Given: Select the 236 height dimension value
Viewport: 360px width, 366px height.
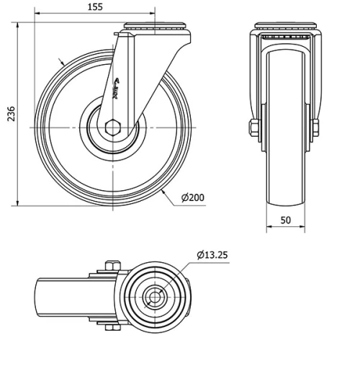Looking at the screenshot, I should [10, 115].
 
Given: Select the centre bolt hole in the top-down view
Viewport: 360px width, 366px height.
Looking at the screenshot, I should [153, 295].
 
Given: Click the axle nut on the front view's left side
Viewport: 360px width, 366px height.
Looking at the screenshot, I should [253, 129].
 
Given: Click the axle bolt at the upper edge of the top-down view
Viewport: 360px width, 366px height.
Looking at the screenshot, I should [110, 264].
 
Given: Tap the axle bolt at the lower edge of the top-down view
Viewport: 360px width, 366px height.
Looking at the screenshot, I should [110, 328].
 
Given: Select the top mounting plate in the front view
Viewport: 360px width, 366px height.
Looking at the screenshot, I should [286, 27].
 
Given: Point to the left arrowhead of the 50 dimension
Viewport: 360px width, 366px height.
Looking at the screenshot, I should [270, 230].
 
